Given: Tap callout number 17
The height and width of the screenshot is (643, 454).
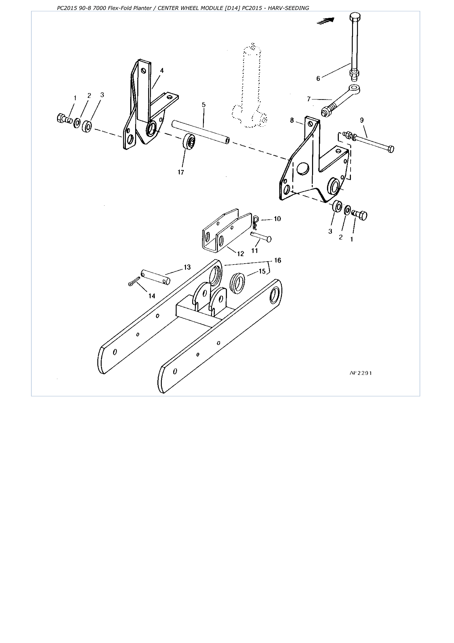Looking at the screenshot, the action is pyautogui.click(x=181, y=172).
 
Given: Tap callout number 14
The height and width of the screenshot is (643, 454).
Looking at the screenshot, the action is pyautogui.click(x=152, y=296).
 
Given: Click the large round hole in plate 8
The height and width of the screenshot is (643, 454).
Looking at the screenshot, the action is pyautogui.click(x=303, y=168).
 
